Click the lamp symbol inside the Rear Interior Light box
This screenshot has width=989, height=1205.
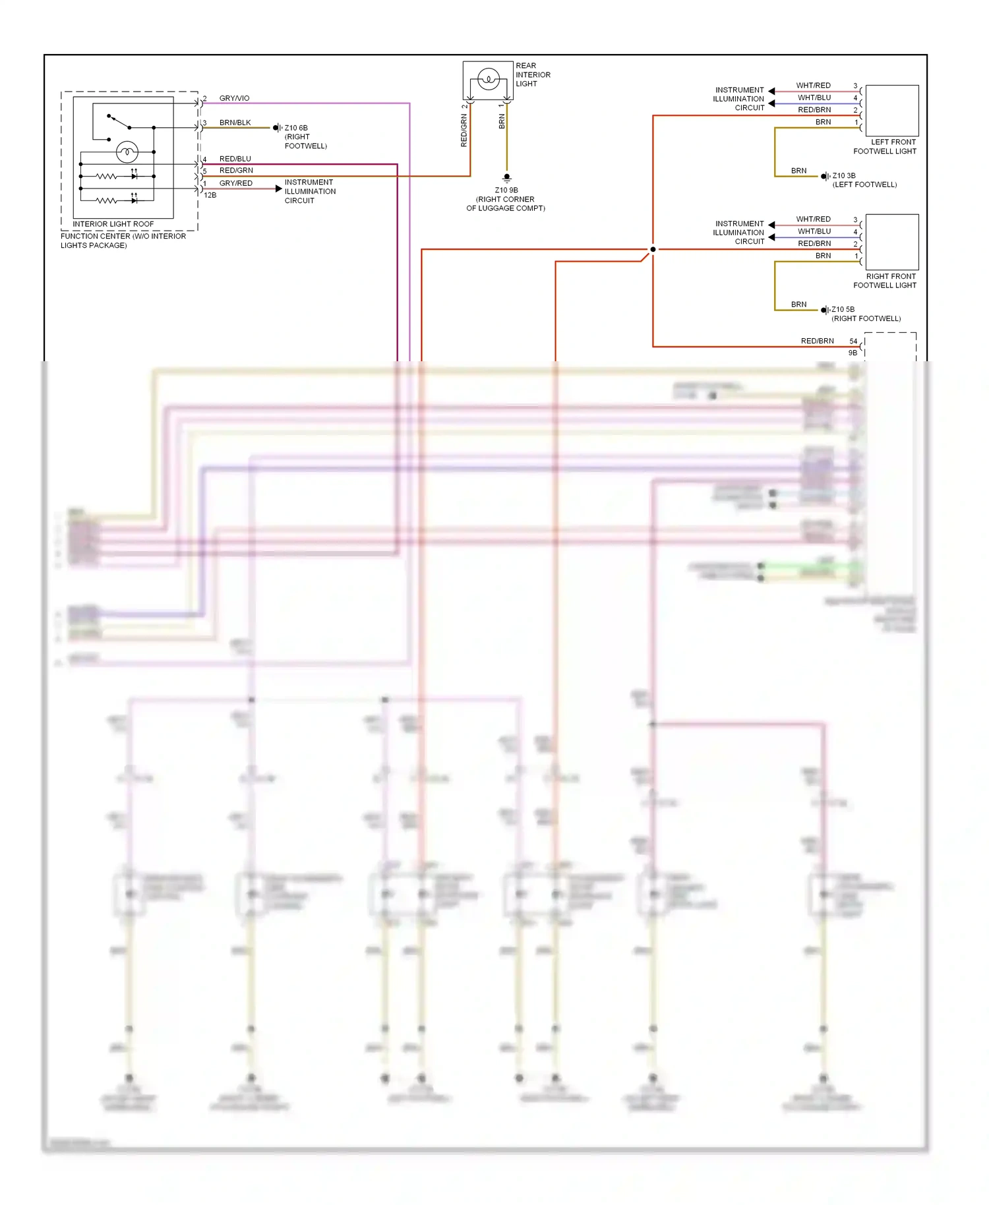(488, 79)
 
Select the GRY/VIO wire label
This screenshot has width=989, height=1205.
(234, 98)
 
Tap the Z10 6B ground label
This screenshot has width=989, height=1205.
(296, 128)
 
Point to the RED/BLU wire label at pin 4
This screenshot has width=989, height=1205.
(235, 159)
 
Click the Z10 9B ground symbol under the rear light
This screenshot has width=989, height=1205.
(506, 178)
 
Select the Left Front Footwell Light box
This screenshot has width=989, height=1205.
(891, 110)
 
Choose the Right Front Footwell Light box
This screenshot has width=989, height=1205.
(891, 242)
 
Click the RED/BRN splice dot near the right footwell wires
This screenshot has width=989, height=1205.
(653, 249)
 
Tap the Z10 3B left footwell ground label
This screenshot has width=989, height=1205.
(843, 176)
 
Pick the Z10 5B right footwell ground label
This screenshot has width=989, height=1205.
(843, 309)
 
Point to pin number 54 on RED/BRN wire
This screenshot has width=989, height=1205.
(853, 341)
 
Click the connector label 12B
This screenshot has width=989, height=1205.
(210, 195)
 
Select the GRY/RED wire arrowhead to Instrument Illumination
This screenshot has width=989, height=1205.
(278, 189)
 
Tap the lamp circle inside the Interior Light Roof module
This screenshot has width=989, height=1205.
(127, 152)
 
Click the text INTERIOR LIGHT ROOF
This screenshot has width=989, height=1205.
(113, 224)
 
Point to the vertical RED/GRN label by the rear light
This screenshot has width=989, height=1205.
(464, 130)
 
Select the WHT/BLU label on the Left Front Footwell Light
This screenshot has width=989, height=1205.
(814, 98)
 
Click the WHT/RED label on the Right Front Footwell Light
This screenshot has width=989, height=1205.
(813, 219)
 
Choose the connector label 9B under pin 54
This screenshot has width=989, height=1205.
(853, 353)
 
